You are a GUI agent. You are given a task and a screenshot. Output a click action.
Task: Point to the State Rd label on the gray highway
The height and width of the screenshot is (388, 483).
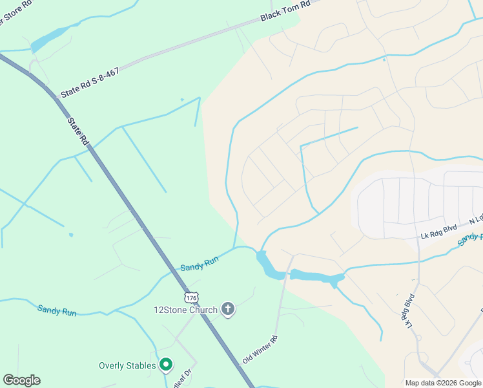point(77,131)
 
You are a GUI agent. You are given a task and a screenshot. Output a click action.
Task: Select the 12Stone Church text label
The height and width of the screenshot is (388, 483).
point(185,310)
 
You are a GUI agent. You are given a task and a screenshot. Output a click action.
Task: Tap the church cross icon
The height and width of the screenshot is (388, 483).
point(227,309)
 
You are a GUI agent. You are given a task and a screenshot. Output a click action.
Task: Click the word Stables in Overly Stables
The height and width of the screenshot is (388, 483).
point(141,365)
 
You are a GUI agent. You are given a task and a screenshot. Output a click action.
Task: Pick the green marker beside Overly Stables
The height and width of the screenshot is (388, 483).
point(166,365)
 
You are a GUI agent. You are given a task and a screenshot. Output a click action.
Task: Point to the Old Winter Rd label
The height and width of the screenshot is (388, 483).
point(260,349)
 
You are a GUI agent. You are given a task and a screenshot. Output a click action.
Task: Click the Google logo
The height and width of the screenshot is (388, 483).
point(21,380)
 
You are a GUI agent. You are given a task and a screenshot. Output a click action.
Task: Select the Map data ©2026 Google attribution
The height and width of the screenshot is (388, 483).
point(443,383)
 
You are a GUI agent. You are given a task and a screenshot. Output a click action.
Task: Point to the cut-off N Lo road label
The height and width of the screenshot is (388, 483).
point(476,219)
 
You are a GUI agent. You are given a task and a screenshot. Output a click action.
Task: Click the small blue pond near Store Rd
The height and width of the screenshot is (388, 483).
point(50,38)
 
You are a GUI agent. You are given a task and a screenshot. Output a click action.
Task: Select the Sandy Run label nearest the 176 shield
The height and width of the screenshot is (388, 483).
point(200,264)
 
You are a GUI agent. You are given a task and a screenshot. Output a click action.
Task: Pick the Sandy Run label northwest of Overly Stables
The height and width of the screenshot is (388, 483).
point(57,310)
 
